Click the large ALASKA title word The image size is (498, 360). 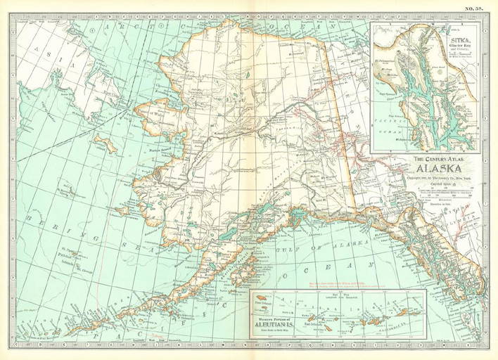pyautogui.click(x=440, y=169)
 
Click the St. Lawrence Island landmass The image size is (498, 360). pyautogui.click(x=106, y=144)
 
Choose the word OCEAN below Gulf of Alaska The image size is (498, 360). pyautogui.click(x=338, y=267)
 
